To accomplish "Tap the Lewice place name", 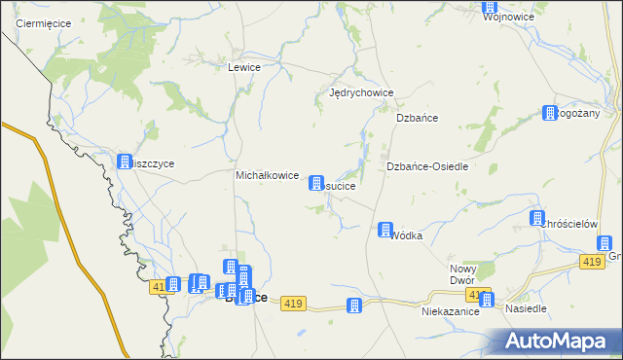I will coord(243,68).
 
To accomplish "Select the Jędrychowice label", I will coord(361,93).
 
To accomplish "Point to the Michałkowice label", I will coord(267,175).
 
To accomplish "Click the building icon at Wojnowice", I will coord(490,7).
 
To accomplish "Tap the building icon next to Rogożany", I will coord(550,113).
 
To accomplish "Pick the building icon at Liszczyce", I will coord(125,162).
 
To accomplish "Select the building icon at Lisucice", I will coord(316,183).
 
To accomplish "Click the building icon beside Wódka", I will coord(385,230).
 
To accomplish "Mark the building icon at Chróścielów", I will coord(536,218).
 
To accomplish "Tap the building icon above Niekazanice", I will coord(487,301).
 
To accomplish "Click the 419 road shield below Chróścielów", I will coord(591,263).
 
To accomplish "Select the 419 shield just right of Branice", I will coord(294,305).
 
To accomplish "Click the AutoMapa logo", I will coord(558,342).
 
